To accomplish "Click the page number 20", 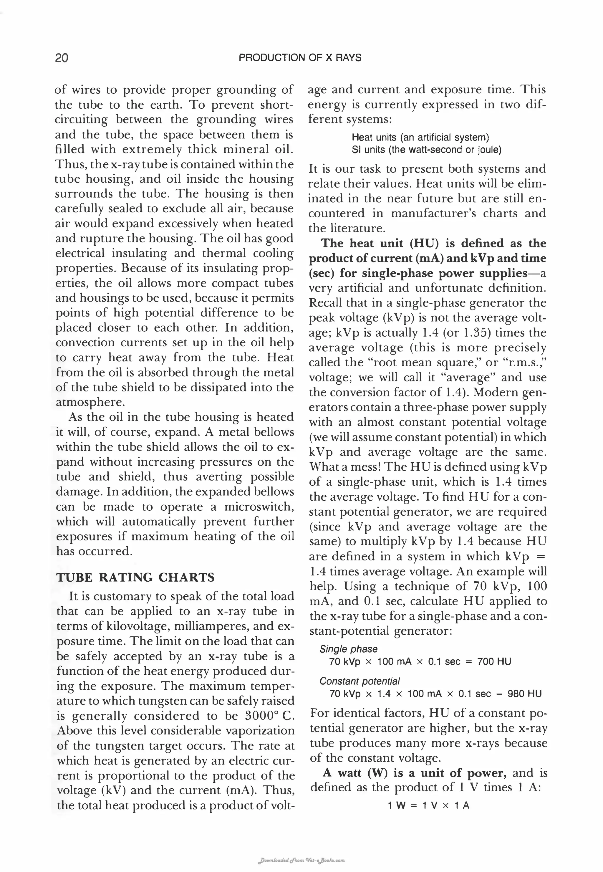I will coord(62,58).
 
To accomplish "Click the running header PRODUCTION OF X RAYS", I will coord(300,58).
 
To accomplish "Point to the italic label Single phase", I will coord(348,649).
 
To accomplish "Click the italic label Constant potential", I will coord(359,681).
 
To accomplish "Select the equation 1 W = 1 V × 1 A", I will coord(428,805).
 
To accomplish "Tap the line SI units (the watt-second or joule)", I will coord(426,150).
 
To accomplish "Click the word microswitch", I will coord(259,507).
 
